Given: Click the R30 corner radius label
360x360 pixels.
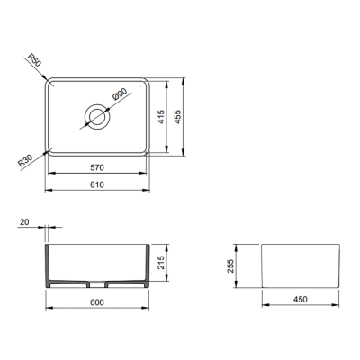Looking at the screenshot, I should [x=27, y=161].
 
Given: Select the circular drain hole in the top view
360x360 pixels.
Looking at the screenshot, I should [x=97, y=115].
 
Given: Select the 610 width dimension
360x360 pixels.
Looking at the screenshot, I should [x=97, y=184].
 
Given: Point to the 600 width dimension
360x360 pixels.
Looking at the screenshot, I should [x=97, y=303].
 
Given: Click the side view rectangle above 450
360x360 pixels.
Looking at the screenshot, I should [x=301, y=266].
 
